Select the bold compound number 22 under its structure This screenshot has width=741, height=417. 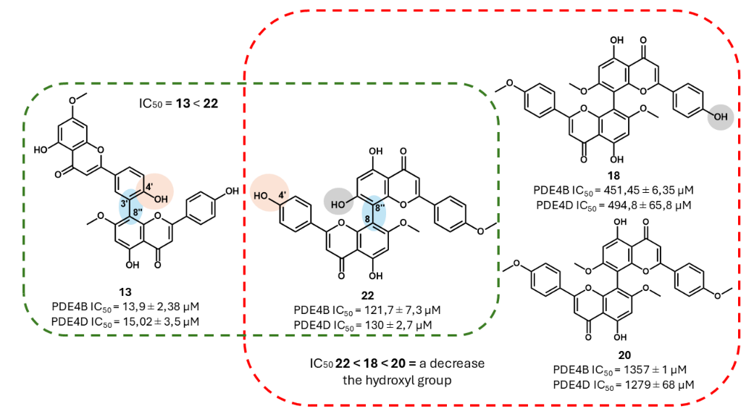pos(369,295)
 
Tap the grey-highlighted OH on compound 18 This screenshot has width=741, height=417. pos(720,116)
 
